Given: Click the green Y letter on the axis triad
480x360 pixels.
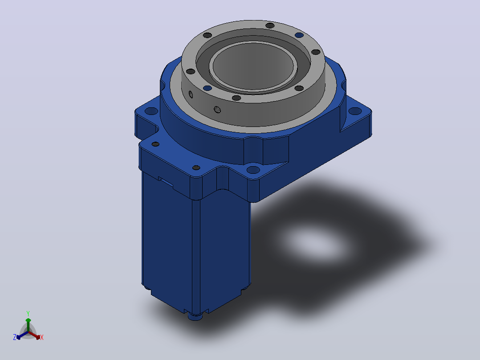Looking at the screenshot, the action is (x=28, y=314).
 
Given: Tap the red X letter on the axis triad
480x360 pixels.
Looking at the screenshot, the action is (x=42, y=337).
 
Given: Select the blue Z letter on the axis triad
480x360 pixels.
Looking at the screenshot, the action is (x=15, y=337).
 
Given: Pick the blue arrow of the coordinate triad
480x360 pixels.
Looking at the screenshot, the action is (x=22, y=335).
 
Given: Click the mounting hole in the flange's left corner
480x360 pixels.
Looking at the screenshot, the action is (x=151, y=110).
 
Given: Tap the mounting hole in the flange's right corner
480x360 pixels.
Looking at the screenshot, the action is (x=355, y=111).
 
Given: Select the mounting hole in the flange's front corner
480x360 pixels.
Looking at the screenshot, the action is (x=253, y=170).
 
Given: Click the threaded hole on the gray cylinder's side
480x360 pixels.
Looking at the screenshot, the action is (x=217, y=109).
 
